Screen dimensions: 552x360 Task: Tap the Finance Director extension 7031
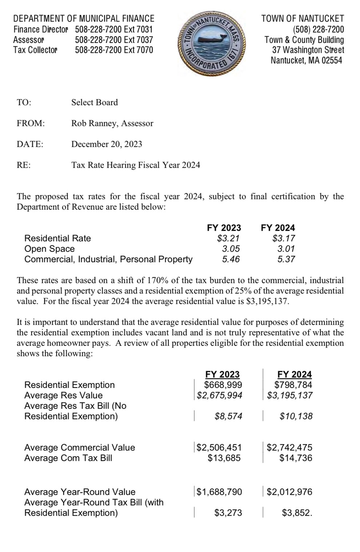tap(139, 29)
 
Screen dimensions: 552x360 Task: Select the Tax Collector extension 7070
tap(139, 50)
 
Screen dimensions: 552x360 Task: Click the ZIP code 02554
tap(332, 60)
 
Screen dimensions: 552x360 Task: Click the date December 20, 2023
tap(107, 144)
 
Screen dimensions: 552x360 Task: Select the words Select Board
tap(95, 102)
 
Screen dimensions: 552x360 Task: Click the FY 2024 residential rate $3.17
tap(284, 238)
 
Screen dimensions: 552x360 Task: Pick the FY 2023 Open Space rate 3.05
tap(231, 249)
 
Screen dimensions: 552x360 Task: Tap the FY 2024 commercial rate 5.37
tap(286, 259)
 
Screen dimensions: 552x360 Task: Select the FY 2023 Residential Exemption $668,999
tap(223, 385)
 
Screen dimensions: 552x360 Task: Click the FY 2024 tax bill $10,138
tap(296, 416)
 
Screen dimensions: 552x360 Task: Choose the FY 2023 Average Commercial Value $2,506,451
tap(219, 448)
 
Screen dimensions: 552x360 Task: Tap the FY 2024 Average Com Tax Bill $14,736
tap(296, 458)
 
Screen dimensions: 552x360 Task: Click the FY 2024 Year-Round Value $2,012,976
tap(289, 492)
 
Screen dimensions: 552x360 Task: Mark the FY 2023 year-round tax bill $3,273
tap(228, 513)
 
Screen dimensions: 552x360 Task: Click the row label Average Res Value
tap(63, 396)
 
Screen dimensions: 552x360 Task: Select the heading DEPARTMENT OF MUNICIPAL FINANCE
tap(84, 19)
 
